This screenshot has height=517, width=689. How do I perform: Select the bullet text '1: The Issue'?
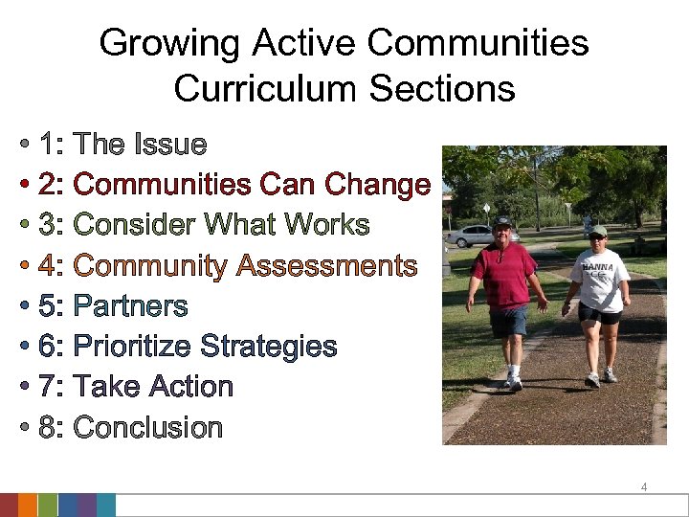click(123, 145)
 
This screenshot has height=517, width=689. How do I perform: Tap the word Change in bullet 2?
click(378, 184)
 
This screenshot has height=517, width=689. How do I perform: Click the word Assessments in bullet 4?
click(326, 265)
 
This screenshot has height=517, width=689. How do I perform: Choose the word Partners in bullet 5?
click(130, 306)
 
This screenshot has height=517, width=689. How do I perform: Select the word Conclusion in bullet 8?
click(147, 427)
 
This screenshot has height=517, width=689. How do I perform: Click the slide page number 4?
click(644, 487)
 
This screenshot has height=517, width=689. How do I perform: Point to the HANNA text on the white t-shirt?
click(598, 267)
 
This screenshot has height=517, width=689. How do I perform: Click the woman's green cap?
click(597, 231)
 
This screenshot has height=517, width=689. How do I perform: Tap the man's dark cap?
click(502, 223)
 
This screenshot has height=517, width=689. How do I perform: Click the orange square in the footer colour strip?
click(28, 506)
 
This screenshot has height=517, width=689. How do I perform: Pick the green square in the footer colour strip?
click(48, 506)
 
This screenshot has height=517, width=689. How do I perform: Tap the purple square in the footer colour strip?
click(86, 506)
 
